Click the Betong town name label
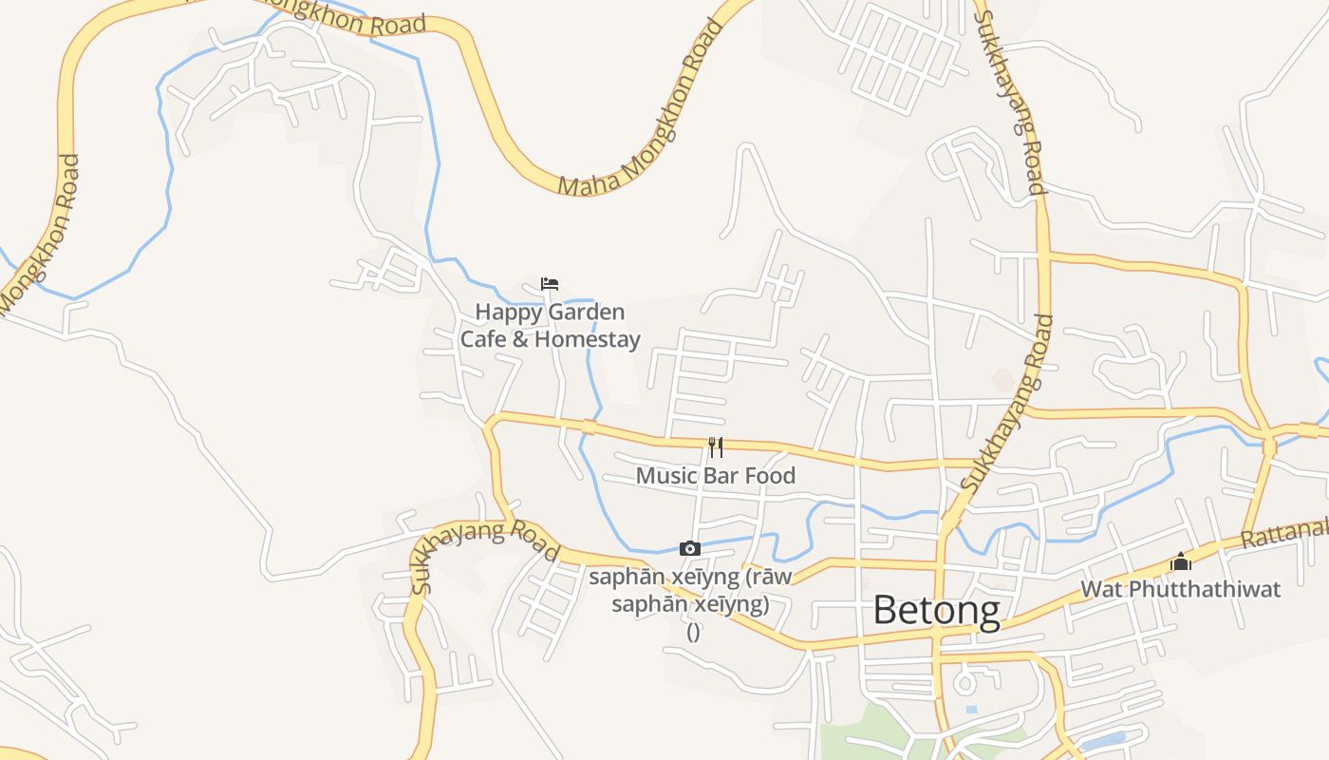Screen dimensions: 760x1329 pos(936,610)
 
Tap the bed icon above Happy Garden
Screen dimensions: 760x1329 pos(550,283)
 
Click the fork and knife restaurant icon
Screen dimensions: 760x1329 pos(716,446)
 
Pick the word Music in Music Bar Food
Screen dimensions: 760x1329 pos(664,476)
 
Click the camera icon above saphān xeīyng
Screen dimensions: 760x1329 pos(690,548)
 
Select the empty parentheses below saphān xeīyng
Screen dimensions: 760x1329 pos(693,632)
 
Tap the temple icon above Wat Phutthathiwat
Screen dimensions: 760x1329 pos(1181,561)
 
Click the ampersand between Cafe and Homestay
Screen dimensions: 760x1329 pos(519,339)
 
